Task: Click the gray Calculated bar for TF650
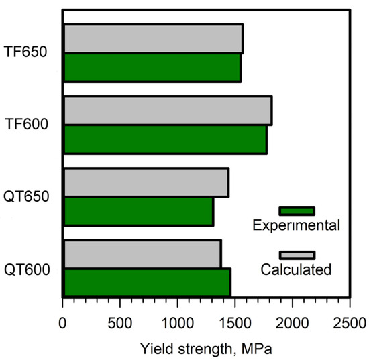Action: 153,39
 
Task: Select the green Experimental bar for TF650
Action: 152,68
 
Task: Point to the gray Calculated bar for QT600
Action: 142,254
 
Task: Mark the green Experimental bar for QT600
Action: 146,282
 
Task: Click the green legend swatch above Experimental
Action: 297,211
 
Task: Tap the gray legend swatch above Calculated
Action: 297,255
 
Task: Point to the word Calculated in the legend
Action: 296,270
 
